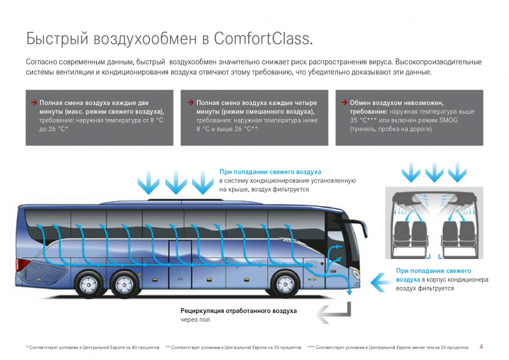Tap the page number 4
[x=481, y=347]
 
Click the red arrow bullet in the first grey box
[x=34, y=102]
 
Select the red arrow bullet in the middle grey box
[x=190, y=102]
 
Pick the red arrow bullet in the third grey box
[x=344, y=102]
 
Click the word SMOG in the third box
[x=449, y=120]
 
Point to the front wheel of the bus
[x=285, y=284]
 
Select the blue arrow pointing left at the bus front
[x=382, y=282]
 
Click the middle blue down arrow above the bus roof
[x=176, y=182]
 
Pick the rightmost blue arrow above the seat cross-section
[x=457, y=172]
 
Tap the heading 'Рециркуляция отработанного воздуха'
[x=239, y=310]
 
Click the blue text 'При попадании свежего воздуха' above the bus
[x=270, y=172]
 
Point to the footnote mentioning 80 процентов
[x=92, y=347]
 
